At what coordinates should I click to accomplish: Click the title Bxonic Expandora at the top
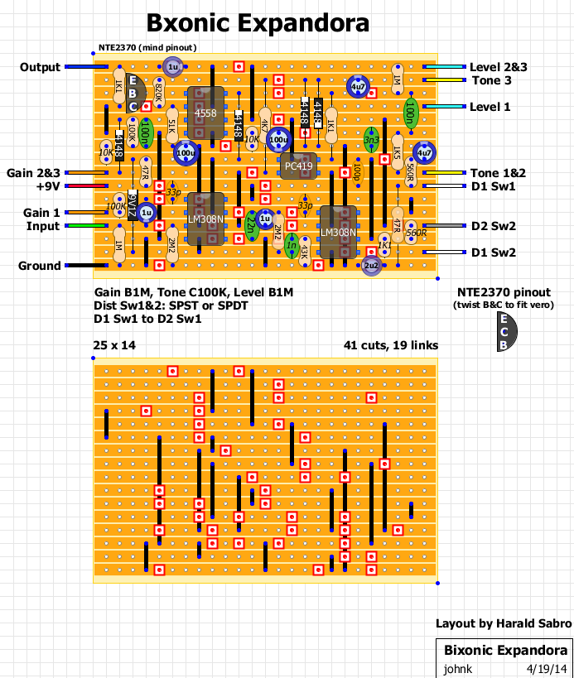[258, 23]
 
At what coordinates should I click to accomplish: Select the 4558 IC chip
[205, 112]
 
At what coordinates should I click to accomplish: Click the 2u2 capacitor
[371, 266]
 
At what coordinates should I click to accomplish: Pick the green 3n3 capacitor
[371, 140]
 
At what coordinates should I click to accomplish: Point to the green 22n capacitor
[251, 225]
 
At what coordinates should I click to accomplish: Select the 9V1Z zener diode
[132, 204]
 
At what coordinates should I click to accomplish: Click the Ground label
[39, 266]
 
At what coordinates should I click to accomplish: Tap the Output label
[40, 67]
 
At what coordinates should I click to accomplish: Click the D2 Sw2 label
[493, 226]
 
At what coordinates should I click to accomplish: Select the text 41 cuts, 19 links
[391, 345]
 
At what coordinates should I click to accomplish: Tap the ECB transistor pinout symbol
[506, 331]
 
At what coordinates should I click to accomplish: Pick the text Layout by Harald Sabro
[503, 623]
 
